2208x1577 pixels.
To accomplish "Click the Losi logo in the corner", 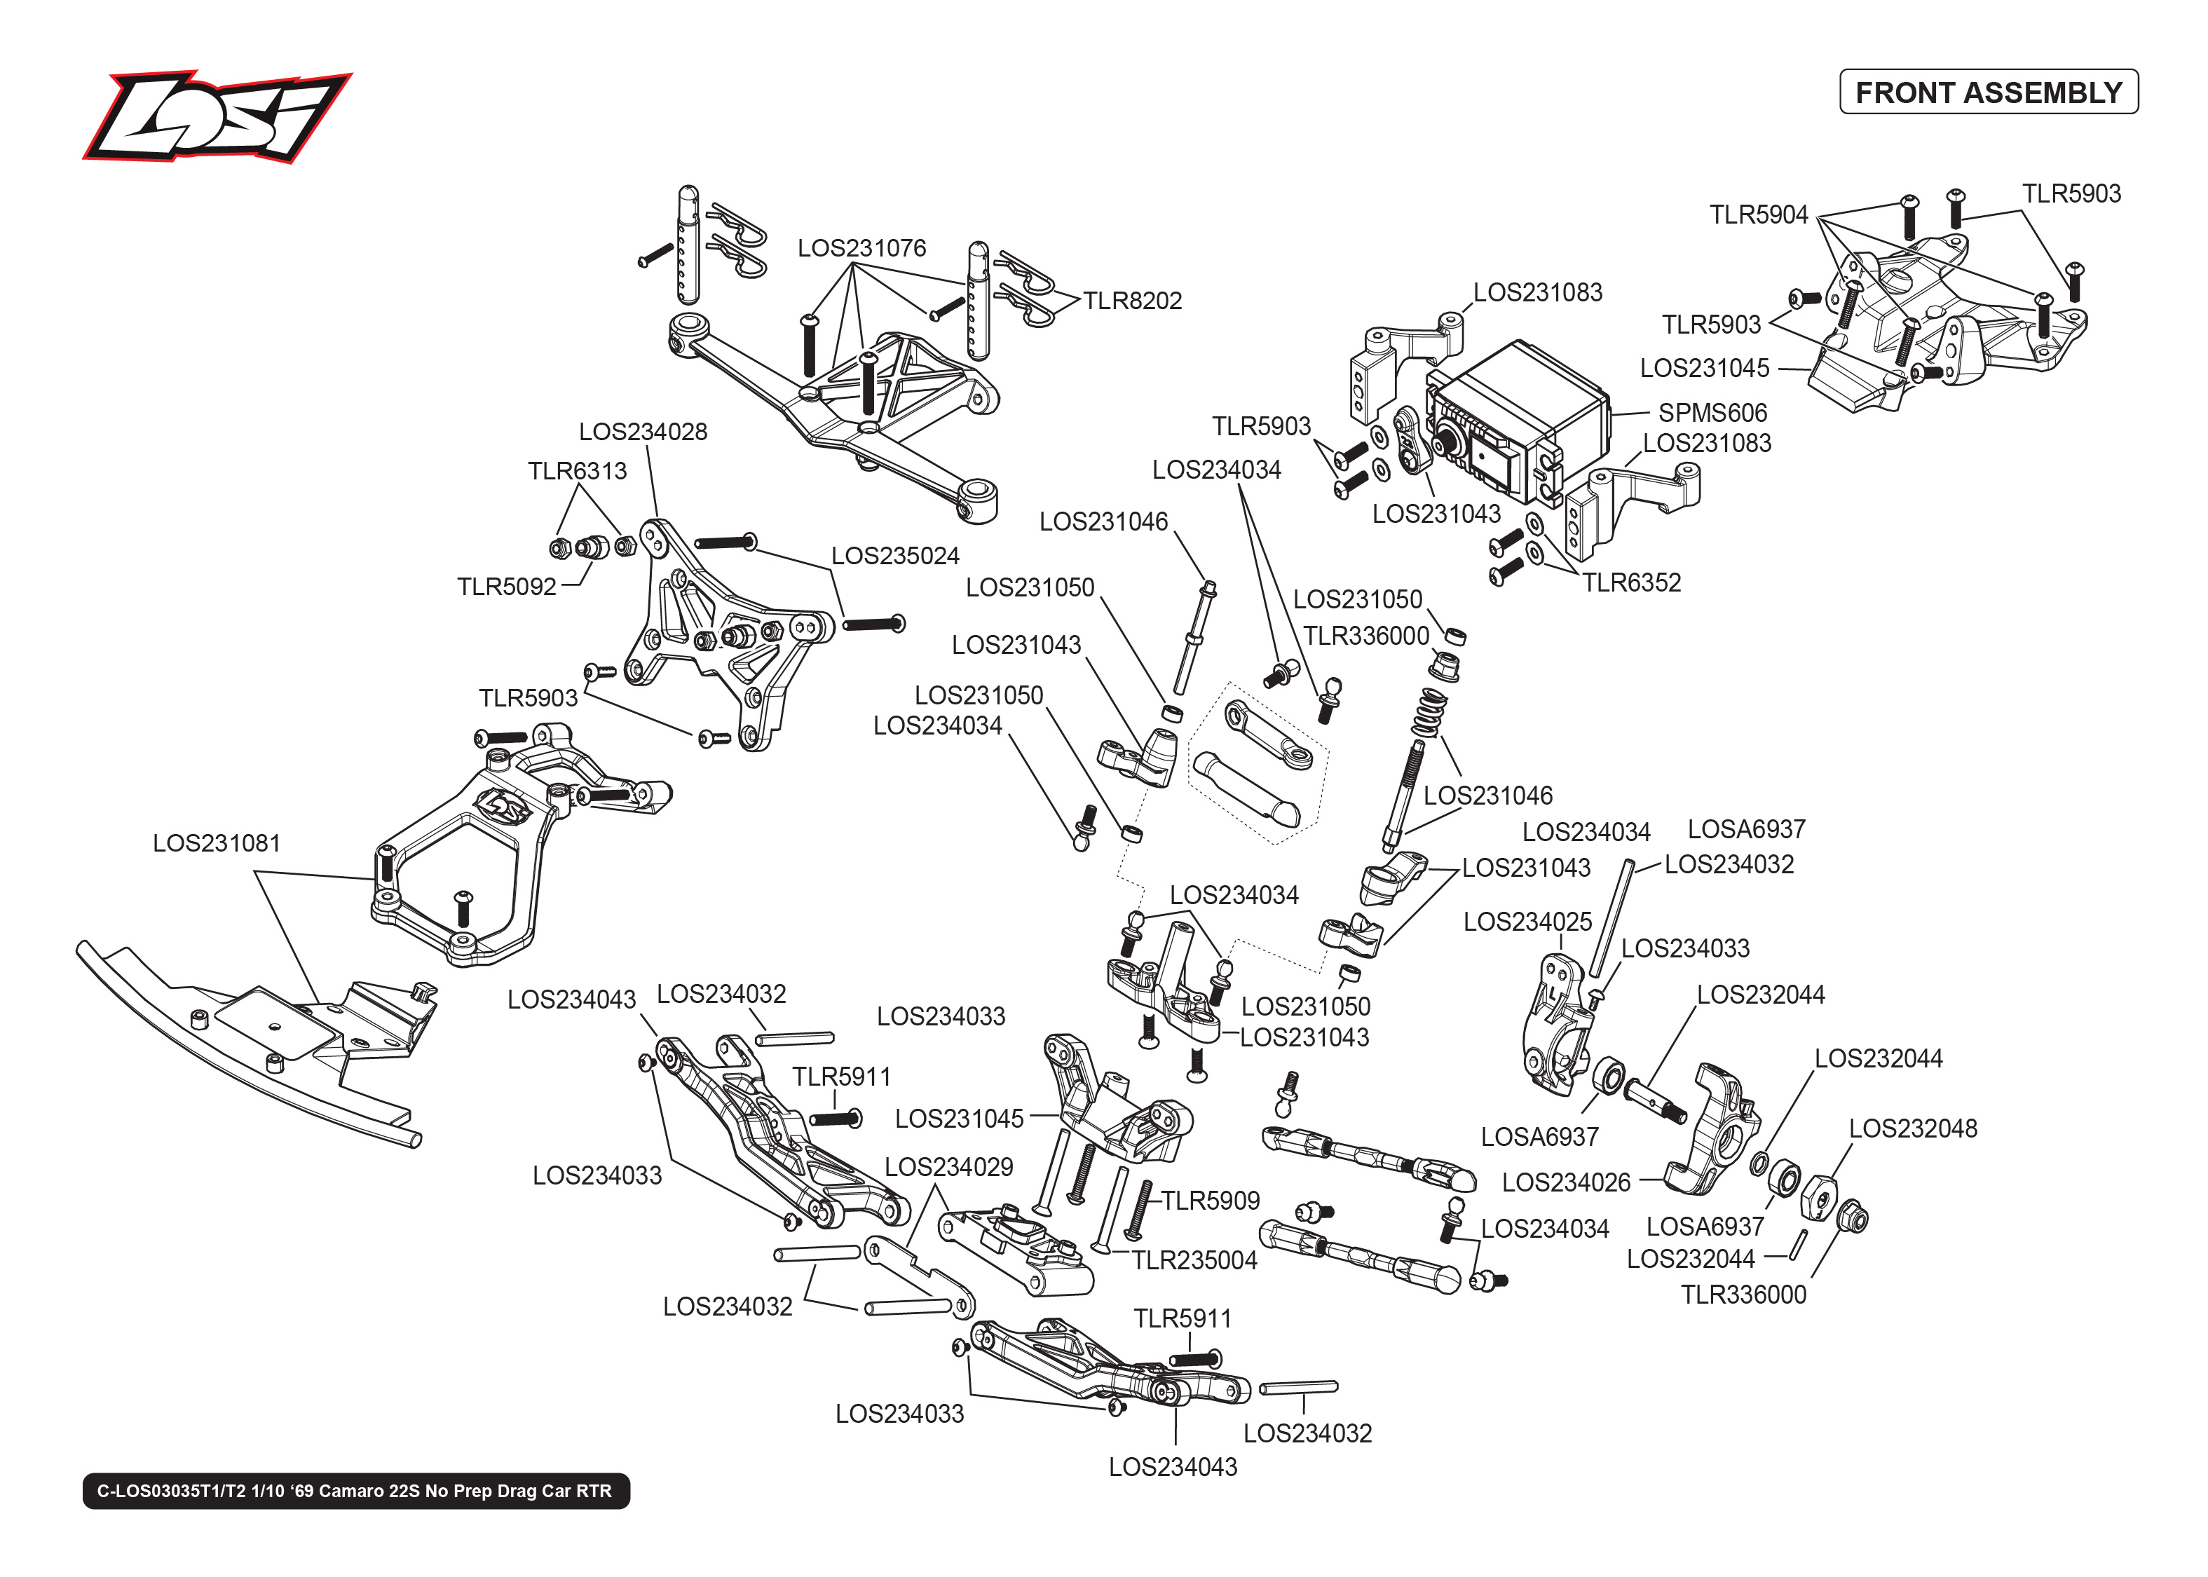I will coord(217,116).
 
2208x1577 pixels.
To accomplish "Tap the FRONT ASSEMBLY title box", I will coord(1988,93).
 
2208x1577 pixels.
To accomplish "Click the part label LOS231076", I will coord(861,249).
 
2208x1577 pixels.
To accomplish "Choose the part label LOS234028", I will coord(643,432).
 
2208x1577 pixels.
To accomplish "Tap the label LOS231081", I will coord(217,843).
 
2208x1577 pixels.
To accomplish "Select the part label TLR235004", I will coord(1194,1260).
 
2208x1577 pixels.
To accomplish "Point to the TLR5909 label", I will coord(1210,1201).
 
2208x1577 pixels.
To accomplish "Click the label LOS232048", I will coord(1912,1128).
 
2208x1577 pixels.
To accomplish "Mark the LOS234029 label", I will coord(948,1167).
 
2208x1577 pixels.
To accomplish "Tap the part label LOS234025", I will coord(1527,922).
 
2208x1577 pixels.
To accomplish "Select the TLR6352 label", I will coord(1631,582).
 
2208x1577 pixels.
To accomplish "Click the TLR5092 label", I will coord(507,587).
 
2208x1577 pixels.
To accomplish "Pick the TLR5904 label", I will coord(1759,214).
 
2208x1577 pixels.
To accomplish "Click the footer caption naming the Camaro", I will coord(355,1491).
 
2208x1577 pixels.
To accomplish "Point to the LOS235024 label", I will coord(894,557).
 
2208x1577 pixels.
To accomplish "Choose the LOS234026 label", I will coord(1565,1183).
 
